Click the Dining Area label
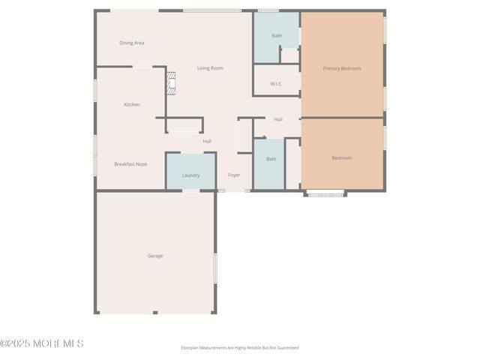(131, 43)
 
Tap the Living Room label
(210, 68)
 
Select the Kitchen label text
(132, 104)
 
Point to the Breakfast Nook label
(130, 163)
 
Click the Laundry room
(190, 175)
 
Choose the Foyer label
(234, 175)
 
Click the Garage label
(155, 256)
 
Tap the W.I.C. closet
(276, 84)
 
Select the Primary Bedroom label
(342, 68)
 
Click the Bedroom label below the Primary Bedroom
(342, 158)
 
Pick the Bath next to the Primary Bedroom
(277, 35)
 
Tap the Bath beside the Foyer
(271, 159)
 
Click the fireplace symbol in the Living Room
(171, 82)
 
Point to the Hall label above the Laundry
(207, 141)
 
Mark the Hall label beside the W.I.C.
(278, 119)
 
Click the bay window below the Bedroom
(325, 194)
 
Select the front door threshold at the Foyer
(221, 190)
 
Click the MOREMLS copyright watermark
(42, 343)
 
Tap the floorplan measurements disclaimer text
(240, 348)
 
